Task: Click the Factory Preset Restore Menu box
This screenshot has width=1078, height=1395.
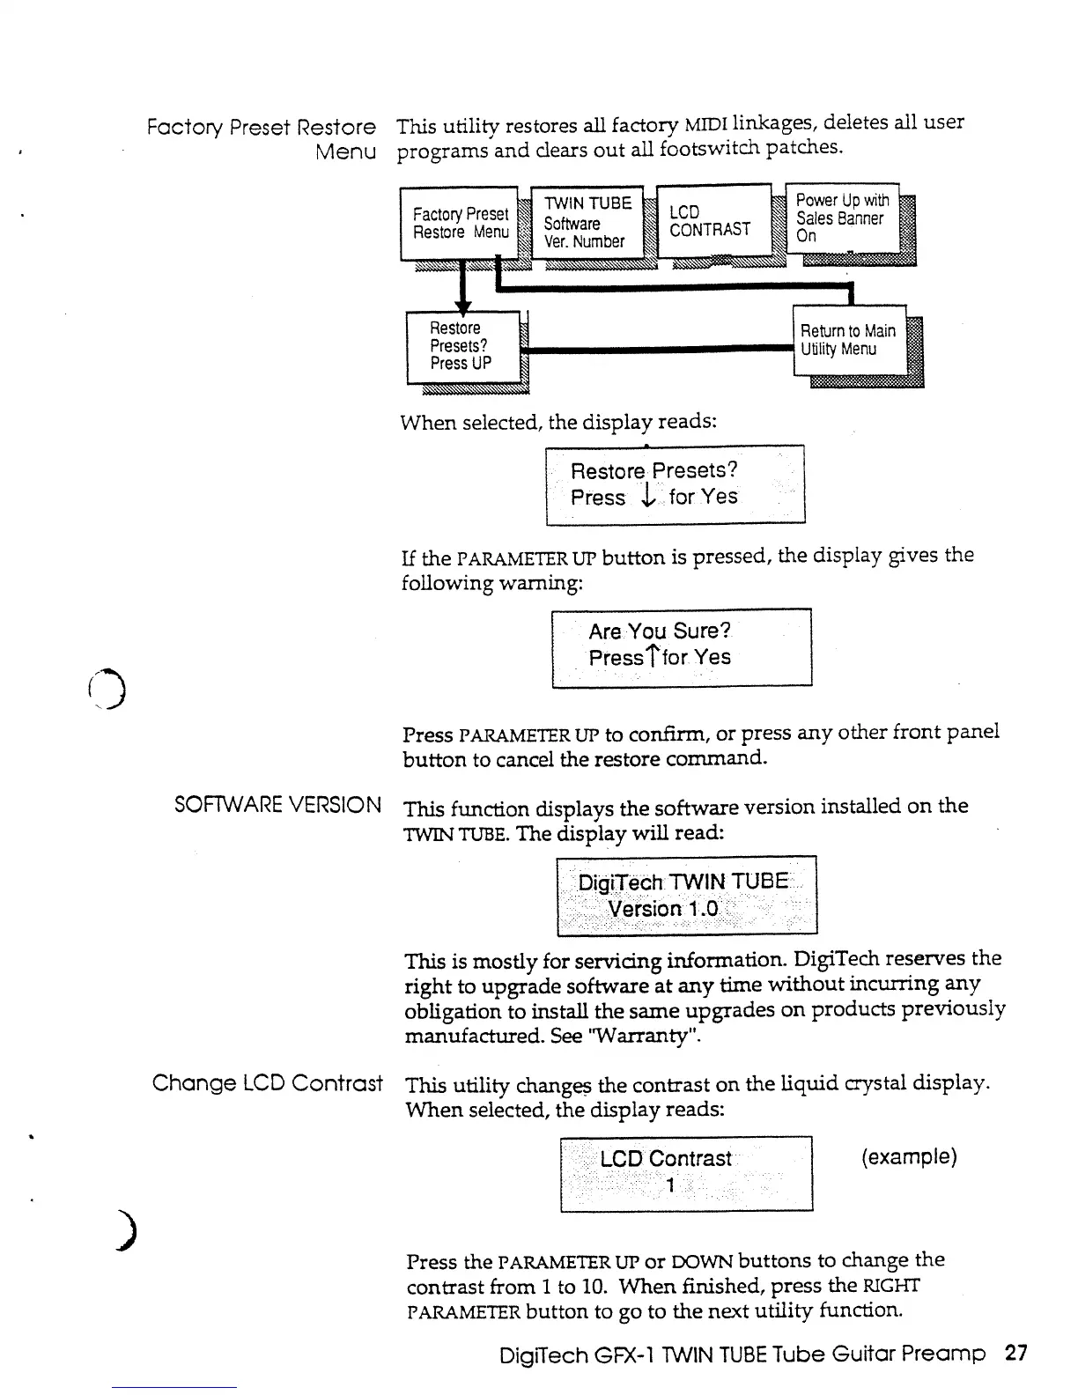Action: click(x=460, y=224)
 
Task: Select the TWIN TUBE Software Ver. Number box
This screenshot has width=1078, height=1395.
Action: click(x=587, y=222)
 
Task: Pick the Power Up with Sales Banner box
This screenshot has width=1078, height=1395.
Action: click(x=841, y=218)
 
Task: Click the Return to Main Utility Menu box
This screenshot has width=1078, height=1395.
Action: click(x=849, y=340)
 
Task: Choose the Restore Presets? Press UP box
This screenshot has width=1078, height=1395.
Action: click(x=462, y=346)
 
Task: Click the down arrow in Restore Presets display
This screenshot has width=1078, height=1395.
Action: click(x=647, y=498)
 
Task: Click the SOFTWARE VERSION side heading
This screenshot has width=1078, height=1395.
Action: click(x=277, y=805)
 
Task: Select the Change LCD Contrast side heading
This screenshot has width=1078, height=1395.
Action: click(x=267, y=1082)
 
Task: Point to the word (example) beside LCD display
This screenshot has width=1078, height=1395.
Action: click(x=908, y=1156)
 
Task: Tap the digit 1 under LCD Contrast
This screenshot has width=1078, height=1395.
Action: click(x=670, y=1185)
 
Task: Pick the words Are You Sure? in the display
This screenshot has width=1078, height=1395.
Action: click(x=660, y=631)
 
